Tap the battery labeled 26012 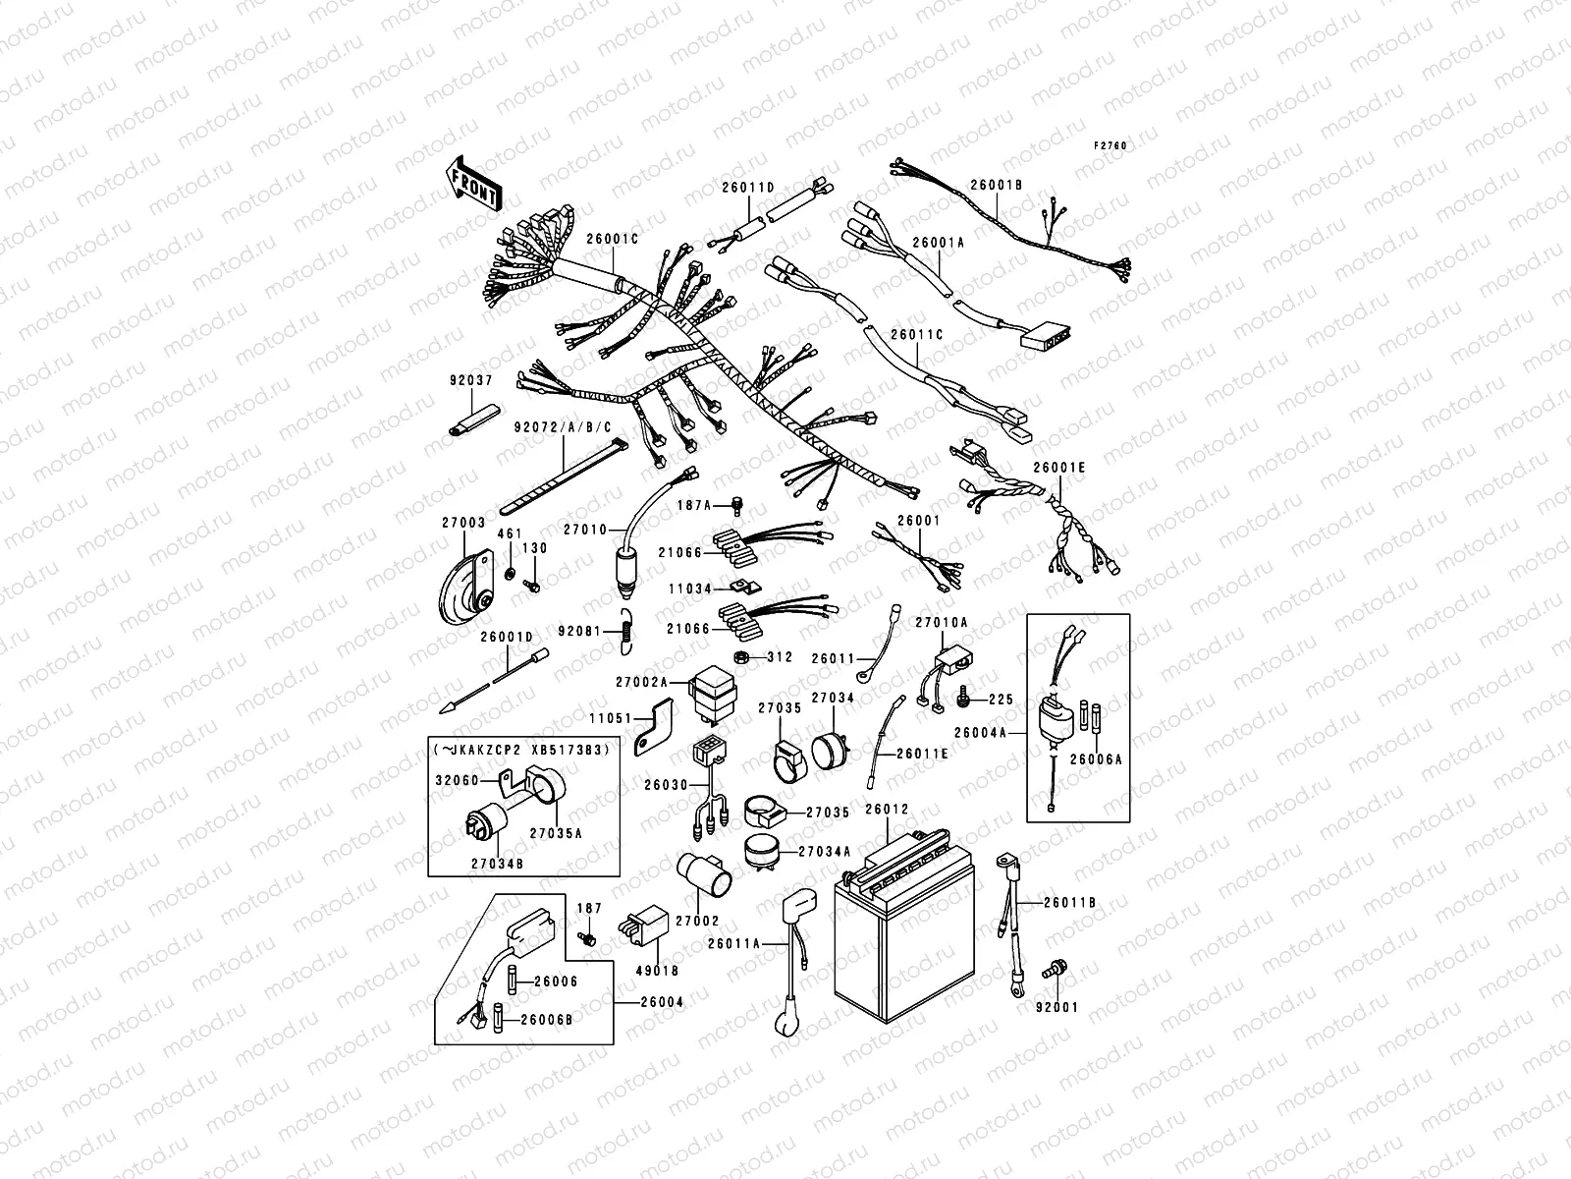point(894,933)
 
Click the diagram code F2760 point(1111,145)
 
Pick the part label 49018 point(663,971)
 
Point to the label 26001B point(997,184)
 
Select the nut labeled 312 point(743,657)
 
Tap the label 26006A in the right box point(1089,759)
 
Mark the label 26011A point(734,942)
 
